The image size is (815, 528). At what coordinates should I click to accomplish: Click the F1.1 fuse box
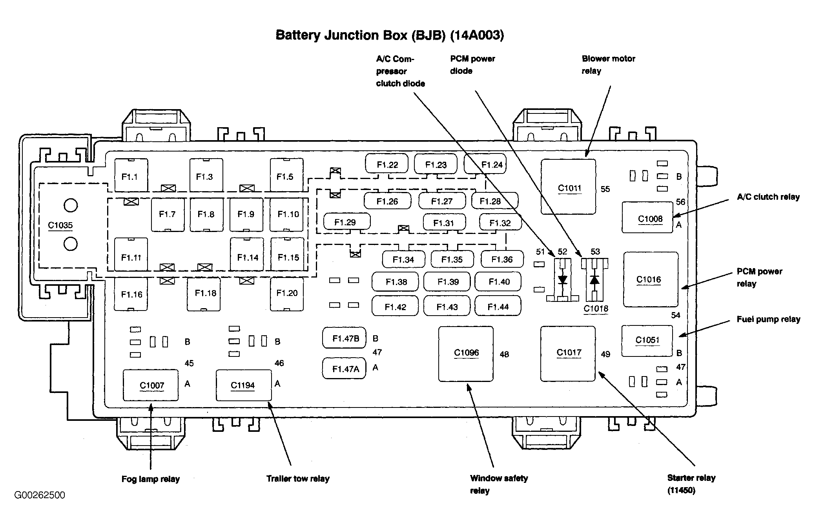(x=131, y=176)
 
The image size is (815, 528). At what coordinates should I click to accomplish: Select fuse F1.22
(x=387, y=164)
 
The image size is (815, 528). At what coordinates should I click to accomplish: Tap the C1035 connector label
(x=60, y=225)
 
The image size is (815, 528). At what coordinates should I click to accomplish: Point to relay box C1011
(x=568, y=187)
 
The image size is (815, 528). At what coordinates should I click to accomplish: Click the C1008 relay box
(x=647, y=218)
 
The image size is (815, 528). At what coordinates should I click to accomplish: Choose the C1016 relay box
(x=650, y=279)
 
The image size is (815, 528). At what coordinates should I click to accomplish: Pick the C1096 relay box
(x=466, y=353)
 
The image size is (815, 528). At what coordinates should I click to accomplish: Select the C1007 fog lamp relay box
(x=151, y=385)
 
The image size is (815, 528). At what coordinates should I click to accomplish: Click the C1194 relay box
(x=243, y=385)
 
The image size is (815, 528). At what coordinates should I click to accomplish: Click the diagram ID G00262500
(x=40, y=495)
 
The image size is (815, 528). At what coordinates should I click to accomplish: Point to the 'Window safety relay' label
(x=498, y=484)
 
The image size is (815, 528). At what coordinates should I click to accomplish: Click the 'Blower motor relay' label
(x=608, y=64)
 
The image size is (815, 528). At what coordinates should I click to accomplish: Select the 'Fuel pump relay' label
(x=768, y=319)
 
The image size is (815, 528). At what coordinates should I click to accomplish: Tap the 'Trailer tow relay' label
(x=298, y=479)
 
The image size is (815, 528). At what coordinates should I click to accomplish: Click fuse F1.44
(x=498, y=307)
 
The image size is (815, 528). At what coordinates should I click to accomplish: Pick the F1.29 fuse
(x=346, y=222)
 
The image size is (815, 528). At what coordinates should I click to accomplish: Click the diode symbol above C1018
(x=594, y=280)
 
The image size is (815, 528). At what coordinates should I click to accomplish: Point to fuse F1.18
(x=204, y=294)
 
